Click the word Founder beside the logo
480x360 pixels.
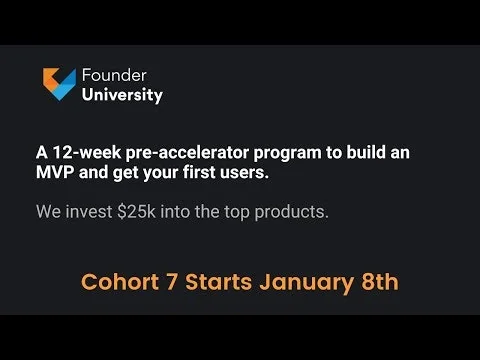tap(113, 76)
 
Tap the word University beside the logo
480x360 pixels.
tap(123, 96)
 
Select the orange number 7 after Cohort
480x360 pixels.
tap(180, 282)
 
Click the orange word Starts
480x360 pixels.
tap(228, 282)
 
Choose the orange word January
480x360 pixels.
tap(312, 282)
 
